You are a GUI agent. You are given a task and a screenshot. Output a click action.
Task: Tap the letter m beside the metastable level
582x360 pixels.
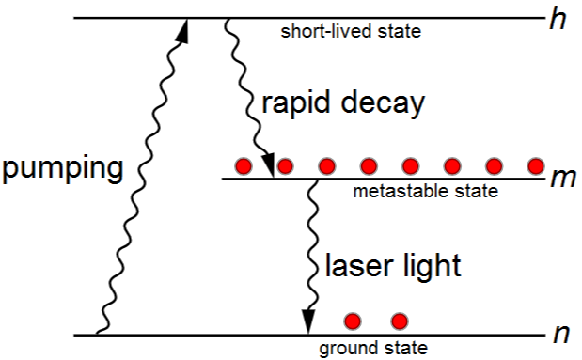pyautogui.click(x=563, y=179)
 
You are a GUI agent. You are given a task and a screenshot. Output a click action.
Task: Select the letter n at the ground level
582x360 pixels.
pyautogui.click(x=561, y=335)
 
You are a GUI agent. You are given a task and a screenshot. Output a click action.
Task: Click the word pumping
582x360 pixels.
pyautogui.click(x=63, y=169)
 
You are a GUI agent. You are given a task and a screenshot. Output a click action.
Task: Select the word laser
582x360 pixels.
pyautogui.click(x=359, y=265)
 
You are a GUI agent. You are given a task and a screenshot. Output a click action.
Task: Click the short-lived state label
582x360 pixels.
pyautogui.click(x=351, y=31)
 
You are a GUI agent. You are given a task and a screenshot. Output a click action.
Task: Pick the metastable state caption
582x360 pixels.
pyautogui.click(x=425, y=191)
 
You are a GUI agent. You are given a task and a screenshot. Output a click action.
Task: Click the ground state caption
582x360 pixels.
pyautogui.click(x=373, y=349)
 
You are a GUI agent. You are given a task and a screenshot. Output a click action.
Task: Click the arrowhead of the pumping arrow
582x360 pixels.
pyautogui.click(x=182, y=30)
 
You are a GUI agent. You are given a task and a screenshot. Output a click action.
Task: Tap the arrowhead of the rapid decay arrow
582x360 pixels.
pyautogui.click(x=268, y=164)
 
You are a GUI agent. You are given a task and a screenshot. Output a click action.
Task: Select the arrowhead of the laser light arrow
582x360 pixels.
pyautogui.click(x=308, y=321)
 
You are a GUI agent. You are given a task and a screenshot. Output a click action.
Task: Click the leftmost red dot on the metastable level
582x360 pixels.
pyautogui.click(x=244, y=165)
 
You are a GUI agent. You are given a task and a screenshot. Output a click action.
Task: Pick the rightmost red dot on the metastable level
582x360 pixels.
pyautogui.click(x=536, y=165)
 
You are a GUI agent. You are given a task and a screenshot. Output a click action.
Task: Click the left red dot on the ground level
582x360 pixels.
pyautogui.click(x=353, y=321)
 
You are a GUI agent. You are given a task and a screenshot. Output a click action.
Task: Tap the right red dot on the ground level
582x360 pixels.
pyautogui.click(x=400, y=321)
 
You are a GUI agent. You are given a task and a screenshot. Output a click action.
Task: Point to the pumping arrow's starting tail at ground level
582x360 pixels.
pyautogui.click(x=97, y=334)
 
